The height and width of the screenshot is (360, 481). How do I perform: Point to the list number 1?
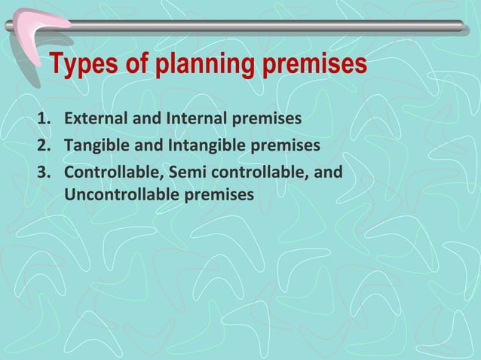click(x=44, y=119)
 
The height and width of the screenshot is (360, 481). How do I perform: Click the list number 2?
click(x=44, y=145)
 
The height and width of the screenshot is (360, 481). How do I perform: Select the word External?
click(x=95, y=119)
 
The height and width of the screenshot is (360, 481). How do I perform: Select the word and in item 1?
click(x=146, y=119)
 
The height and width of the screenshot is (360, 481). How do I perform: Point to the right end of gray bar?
click(x=461, y=26)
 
